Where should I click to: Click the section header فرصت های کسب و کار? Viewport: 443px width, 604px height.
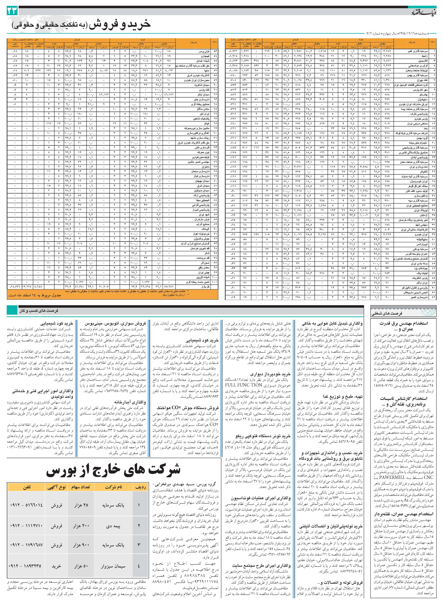pos(39,311)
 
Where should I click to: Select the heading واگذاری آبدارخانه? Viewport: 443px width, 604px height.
pos(130,402)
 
